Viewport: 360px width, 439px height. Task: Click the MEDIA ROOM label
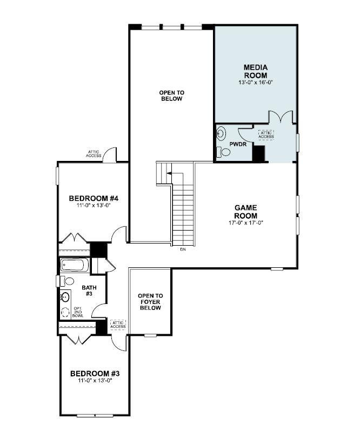pyautogui.click(x=256, y=71)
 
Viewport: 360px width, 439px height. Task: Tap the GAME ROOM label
pyautogui.click(x=245, y=211)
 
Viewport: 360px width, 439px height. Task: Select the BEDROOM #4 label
pyautogui.click(x=94, y=199)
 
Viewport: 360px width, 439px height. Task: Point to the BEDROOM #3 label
pyautogui.click(x=95, y=373)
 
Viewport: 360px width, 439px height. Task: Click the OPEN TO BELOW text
pyautogui.click(x=171, y=96)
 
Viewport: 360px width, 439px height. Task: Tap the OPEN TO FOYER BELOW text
pyautogui.click(x=150, y=302)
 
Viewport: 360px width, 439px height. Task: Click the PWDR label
pyautogui.click(x=238, y=145)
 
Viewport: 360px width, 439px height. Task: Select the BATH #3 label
pyautogui.click(x=88, y=291)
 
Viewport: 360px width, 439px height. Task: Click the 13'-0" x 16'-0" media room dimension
pyautogui.click(x=256, y=83)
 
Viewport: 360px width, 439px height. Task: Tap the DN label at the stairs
pyautogui.click(x=183, y=249)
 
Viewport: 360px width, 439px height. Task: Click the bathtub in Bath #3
pyautogui.click(x=75, y=265)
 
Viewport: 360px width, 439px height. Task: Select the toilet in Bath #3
pyautogui.click(x=67, y=281)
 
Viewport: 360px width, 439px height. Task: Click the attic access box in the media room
pyautogui.click(x=266, y=134)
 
